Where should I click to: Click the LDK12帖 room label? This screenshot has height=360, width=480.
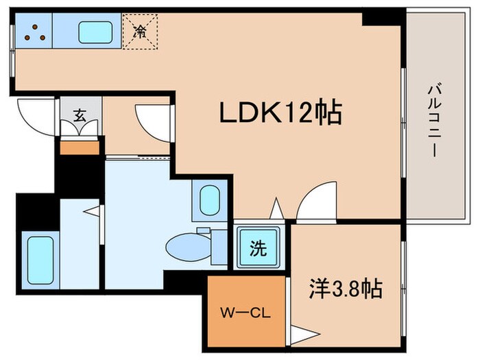pyautogui.click(x=280, y=112)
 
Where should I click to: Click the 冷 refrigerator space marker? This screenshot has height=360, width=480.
pyautogui.click(x=140, y=31)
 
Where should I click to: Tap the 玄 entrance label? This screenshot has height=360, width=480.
pyautogui.click(x=80, y=117)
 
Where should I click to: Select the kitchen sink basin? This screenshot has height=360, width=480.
pyautogui.click(x=95, y=31)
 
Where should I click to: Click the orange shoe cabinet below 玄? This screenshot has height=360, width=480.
pyautogui.click(x=80, y=146)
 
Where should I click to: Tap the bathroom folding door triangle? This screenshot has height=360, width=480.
pyautogui.click(x=92, y=211)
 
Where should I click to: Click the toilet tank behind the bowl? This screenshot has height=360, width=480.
pyautogui.click(x=218, y=245)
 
